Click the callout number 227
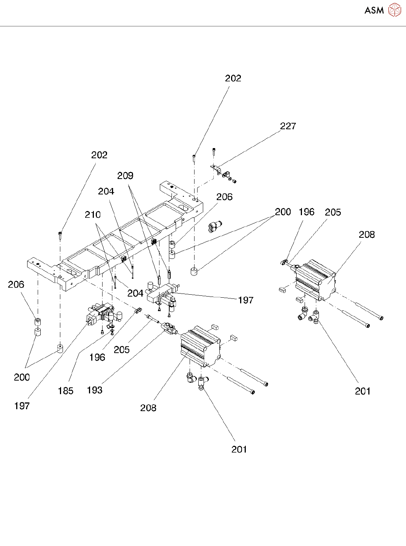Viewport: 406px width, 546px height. point(288,126)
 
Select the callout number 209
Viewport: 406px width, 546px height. point(125,176)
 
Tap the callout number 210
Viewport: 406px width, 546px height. point(93,215)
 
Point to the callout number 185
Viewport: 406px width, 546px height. point(66,391)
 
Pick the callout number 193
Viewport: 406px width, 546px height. point(95,390)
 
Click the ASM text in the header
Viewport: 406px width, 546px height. point(374,11)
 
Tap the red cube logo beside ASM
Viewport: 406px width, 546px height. point(395,10)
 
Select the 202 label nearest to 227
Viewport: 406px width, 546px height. point(233,78)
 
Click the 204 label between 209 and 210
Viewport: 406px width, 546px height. point(106,191)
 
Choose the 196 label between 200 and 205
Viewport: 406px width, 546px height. point(306,212)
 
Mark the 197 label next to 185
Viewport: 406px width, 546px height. point(22,406)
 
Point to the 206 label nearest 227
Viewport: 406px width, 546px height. point(224,197)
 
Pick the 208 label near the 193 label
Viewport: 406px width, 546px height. point(148,408)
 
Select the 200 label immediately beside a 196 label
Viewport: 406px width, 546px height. point(283,212)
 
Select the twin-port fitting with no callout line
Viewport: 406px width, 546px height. point(214,226)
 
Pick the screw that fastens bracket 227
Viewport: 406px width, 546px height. point(214,152)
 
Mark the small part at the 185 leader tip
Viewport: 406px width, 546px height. point(112,326)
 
